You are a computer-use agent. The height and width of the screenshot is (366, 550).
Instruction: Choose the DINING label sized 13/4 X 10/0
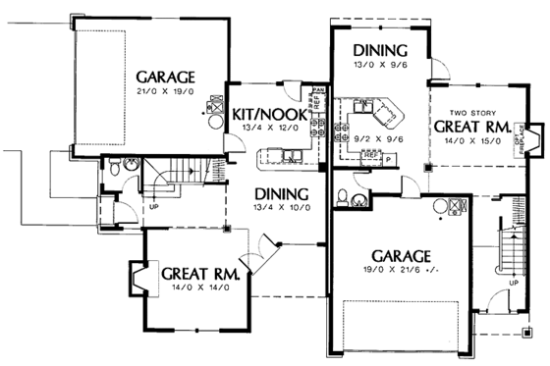click(281, 193)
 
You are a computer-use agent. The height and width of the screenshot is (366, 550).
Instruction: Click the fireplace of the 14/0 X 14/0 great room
click(135, 278)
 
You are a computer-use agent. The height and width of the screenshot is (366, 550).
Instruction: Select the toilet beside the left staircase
click(117, 171)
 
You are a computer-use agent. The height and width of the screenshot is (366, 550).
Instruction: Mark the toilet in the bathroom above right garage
click(341, 198)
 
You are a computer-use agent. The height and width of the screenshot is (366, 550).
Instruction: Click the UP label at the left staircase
click(154, 207)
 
